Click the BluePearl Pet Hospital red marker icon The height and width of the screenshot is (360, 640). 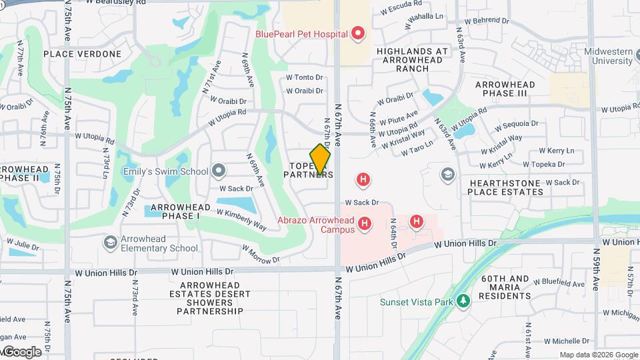[x=359, y=33]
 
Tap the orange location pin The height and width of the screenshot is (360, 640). [x=321, y=160]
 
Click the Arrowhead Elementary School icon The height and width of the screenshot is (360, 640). [x=109, y=243]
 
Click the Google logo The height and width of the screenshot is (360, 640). [x=21, y=351]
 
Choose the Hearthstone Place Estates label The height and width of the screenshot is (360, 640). [x=505, y=187]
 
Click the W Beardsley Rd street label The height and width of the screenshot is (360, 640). [x=116, y=3]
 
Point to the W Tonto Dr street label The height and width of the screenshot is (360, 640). [x=304, y=78]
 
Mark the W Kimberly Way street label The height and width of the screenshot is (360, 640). [x=241, y=219]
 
